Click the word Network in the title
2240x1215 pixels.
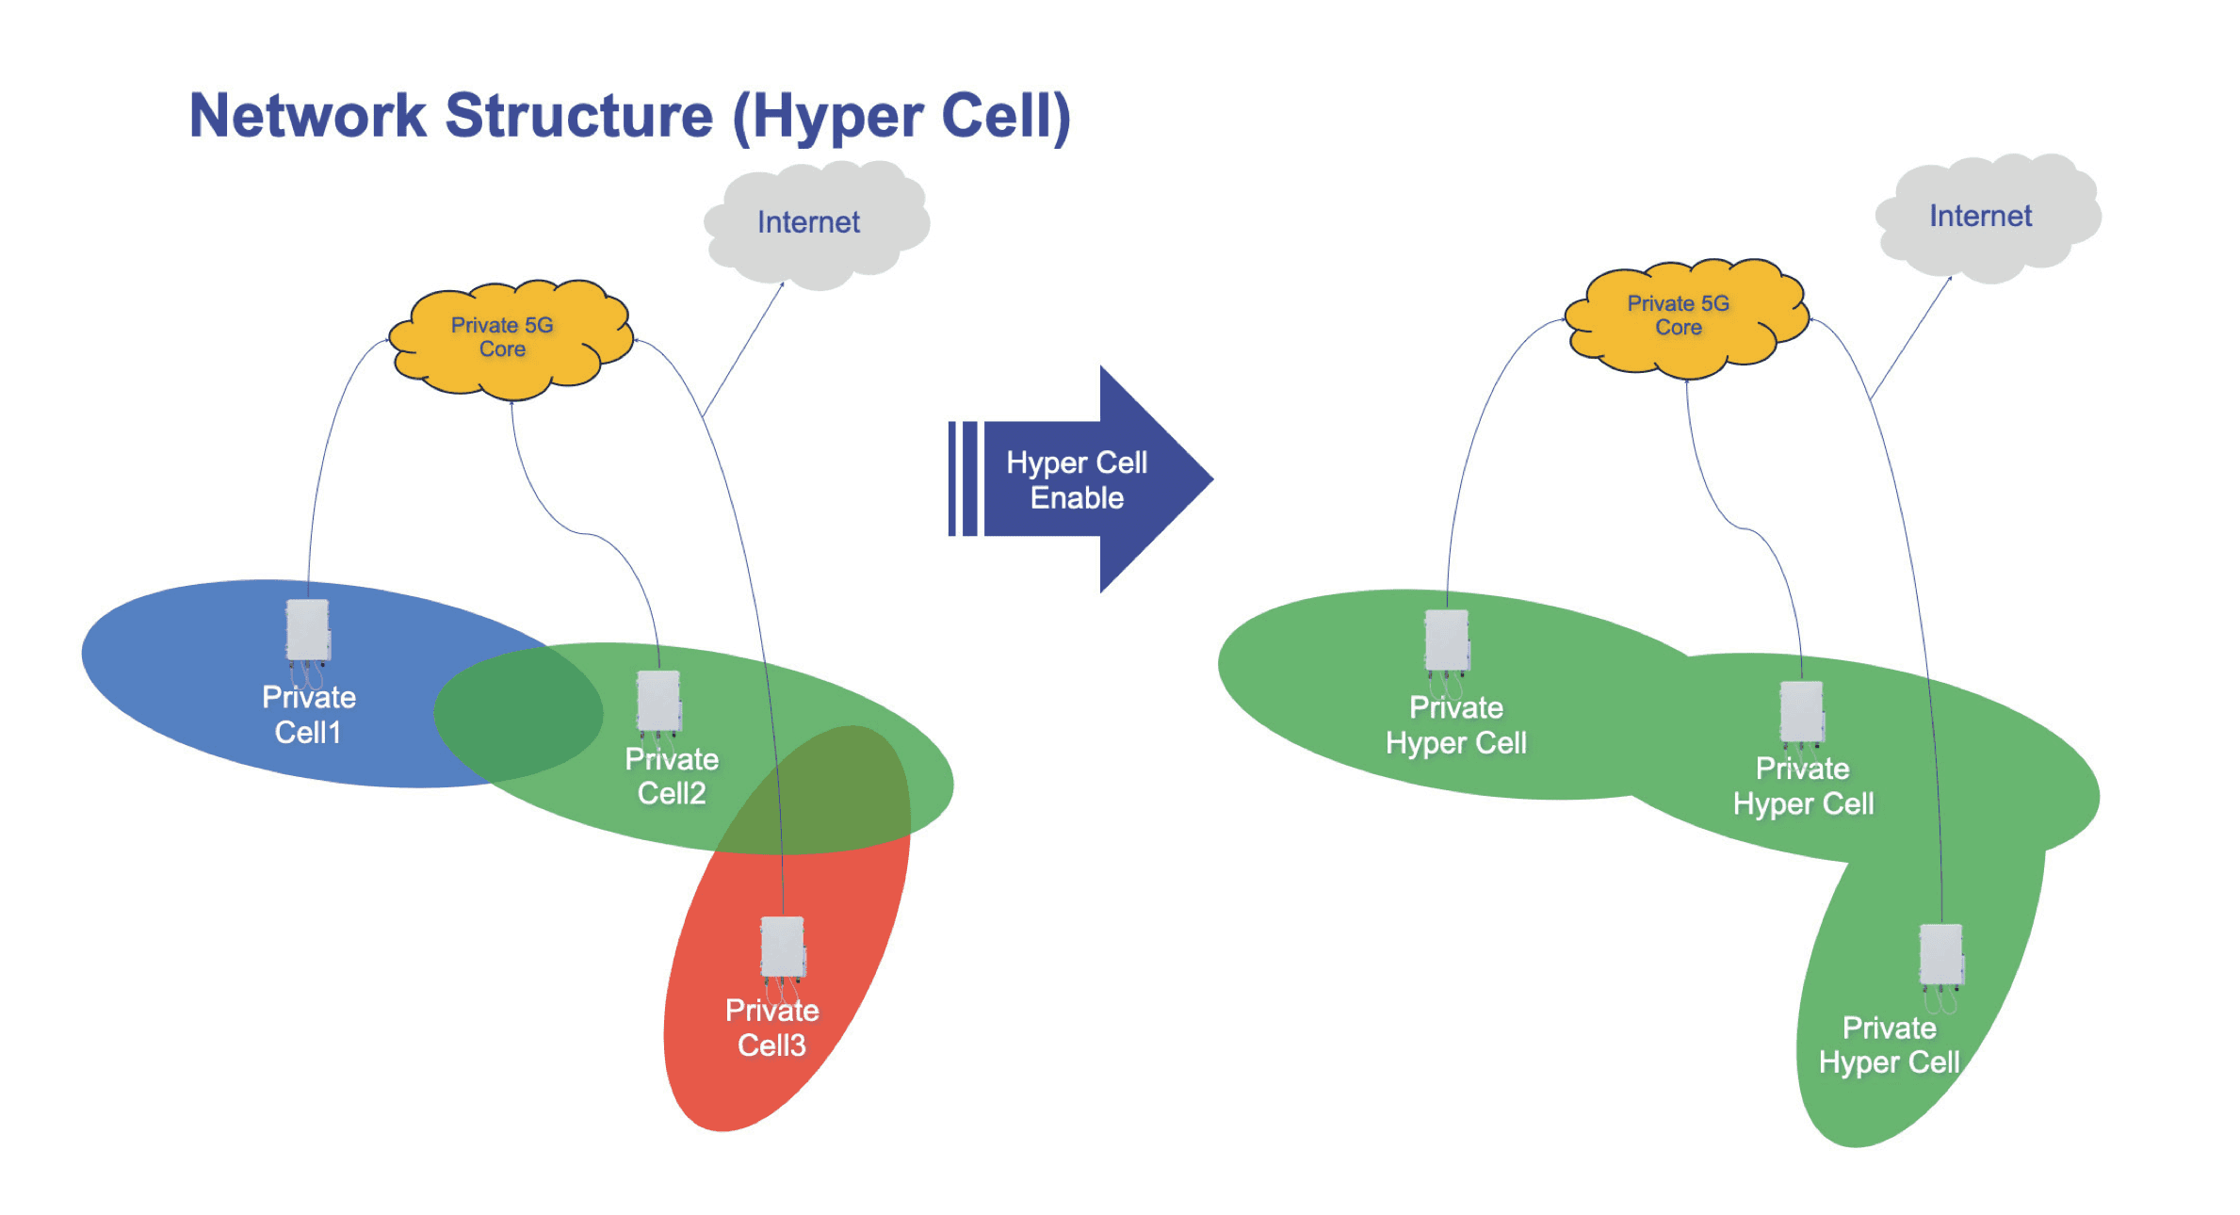coord(308,116)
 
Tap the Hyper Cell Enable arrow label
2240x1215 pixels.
coord(1077,479)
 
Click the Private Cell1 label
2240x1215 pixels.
coord(308,715)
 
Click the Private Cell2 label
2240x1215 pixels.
coord(671,776)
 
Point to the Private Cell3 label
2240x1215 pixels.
coord(771,1028)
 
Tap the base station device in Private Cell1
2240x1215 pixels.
coord(308,630)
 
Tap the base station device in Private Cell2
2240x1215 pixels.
coord(658,702)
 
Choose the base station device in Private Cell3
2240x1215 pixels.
coord(783,948)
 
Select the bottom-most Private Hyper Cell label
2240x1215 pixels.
coord(1889,1045)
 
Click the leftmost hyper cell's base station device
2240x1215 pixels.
coord(1447,640)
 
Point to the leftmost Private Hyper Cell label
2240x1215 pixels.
coord(1455,725)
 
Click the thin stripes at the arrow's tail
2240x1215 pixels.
coord(963,479)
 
